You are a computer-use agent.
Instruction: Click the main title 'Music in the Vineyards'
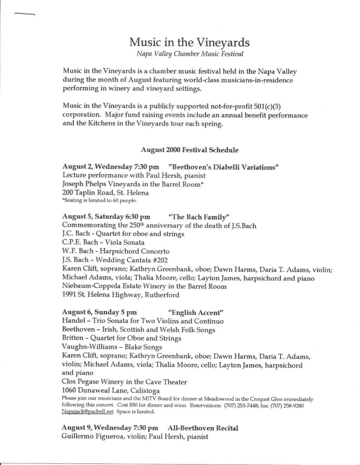[189, 42]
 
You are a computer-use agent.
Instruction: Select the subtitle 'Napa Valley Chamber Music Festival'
[190, 54]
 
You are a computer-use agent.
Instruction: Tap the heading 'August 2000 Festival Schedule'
[189, 149]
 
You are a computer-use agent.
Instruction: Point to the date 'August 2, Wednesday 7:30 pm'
[110, 167]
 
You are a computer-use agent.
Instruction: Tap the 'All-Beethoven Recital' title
[202, 428]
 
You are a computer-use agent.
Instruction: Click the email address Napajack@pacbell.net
[87, 412]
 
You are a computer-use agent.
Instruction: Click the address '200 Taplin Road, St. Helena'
[105, 192]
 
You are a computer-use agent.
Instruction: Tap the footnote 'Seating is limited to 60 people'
[99, 200]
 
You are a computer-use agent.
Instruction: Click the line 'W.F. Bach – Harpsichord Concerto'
[116, 251]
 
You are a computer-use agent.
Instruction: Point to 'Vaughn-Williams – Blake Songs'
[112, 347]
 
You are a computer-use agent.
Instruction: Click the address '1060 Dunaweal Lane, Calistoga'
[110, 390]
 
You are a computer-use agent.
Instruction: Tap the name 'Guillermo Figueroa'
[94, 437]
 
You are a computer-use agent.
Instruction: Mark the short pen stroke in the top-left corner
[25, 15]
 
